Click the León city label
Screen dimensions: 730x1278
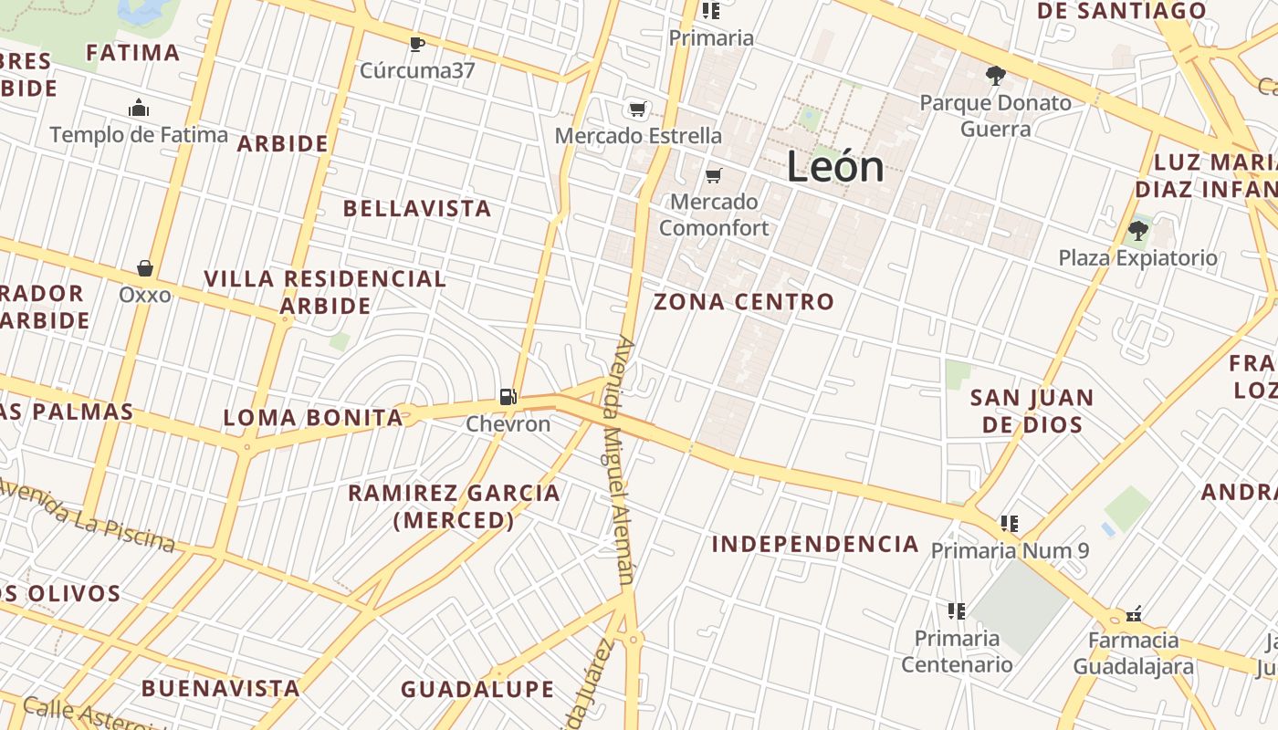pyautogui.click(x=835, y=167)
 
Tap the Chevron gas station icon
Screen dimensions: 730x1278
pyautogui.click(x=508, y=397)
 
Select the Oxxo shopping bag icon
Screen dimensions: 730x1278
pyautogui.click(x=144, y=268)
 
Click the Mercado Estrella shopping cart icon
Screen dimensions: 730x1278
pyautogui.click(x=638, y=109)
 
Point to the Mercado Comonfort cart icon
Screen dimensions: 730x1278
pyautogui.click(x=714, y=175)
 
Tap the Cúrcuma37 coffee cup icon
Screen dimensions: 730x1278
pyautogui.click(x=417, y=44)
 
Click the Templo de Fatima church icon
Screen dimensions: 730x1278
pyautogui.click(x=139, y=109)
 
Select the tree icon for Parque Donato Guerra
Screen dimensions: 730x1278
pyautogui.click(x=995, y=76)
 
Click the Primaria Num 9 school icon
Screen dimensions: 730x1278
pyautogui.click(x=1009, y=524)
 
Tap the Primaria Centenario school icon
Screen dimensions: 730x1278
pyautogui.click(x=957, y=611)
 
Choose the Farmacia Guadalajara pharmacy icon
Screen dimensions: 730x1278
pyautogui.click(x=1135, y=613)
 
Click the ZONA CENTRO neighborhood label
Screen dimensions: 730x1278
pyautogui.click(x=744, y=302)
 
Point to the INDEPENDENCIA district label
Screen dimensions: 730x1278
pyautogui.click(x=815, y=545)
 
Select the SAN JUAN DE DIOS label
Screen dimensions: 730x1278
pyautogui.click(x=1032, y=411)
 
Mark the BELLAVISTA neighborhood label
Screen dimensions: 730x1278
pyautogui.click(x=417, y=209)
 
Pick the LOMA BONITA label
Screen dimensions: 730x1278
pyautogui.click(x=313, y=419)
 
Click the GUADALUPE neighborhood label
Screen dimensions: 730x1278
pyautogui.click(x=477, y=689)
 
